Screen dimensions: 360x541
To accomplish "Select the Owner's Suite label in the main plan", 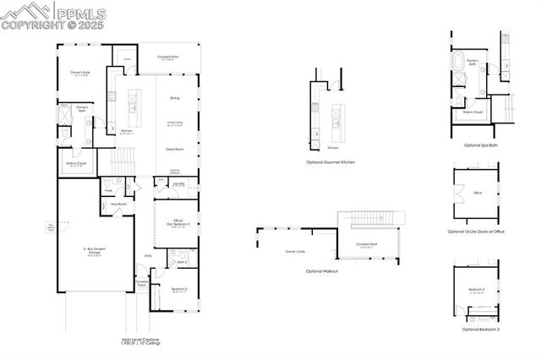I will (81, 74).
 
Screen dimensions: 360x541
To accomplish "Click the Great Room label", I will (175, 149).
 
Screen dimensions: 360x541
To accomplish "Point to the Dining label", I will (174, 98).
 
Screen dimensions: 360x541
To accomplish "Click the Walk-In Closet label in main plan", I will (76, 164).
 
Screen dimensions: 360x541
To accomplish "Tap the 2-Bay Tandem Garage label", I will (95, 250).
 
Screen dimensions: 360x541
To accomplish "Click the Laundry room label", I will (178, 183).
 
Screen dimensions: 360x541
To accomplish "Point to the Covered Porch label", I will (142, 283).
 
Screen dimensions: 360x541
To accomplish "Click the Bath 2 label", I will (182, 262).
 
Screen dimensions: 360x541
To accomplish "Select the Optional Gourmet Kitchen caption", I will (330, 161).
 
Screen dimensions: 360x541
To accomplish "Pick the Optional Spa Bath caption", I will (480, 145).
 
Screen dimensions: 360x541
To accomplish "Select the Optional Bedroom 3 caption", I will (480, 330).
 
